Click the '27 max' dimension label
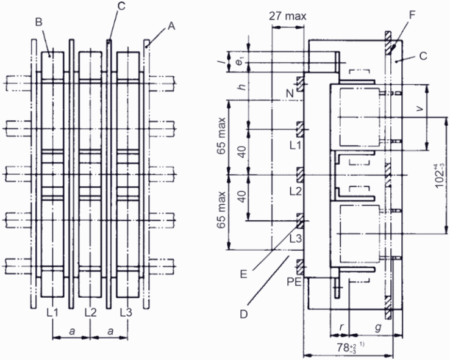pyautogui.click(x=288, y=16)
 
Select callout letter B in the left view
pyautogui.click(x=39, y=22)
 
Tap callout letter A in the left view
pyautogui.click(x=171, y=26)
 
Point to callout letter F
pyautogui.click(x=412, y=15)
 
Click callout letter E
pyautogui.click(x=244, y=275)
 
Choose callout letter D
pyautogui.click(x=244, y=314)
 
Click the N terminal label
pyautogui.click(x=290, y=93)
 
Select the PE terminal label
pyautogui.click(x=294, y=282)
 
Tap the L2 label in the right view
pyautogui.click(x=295, y=192)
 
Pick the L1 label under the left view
pyautogui.click(x=52, y=312)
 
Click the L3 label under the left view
pyautogui.click(x=126, y=312)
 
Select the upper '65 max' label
pyautogui.click(x=221, y=136)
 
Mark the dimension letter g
pyautogui.click(x=379, y=327)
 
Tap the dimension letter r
pyautogui.click(x=341, y=326)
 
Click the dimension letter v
pyautogui.click(x=420, y=108)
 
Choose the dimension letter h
pyautogui.click(x=243, y=86)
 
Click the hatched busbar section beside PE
pyautogui.click(x=300, y=267)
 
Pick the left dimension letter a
pyautogui.click(x=72, y=331)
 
